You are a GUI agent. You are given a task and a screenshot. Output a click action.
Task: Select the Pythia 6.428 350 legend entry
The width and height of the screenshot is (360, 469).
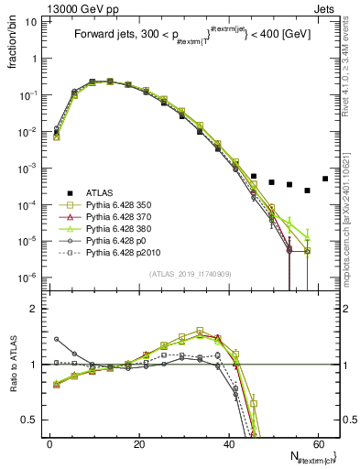tap(123, 207)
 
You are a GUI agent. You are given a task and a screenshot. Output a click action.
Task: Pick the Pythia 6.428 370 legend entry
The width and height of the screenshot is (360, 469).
tap(123, 221)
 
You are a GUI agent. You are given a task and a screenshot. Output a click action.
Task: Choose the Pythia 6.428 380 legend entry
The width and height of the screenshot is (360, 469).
tap(123, 234)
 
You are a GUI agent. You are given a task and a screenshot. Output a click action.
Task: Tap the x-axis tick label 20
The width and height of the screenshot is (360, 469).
tap(138, 444)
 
